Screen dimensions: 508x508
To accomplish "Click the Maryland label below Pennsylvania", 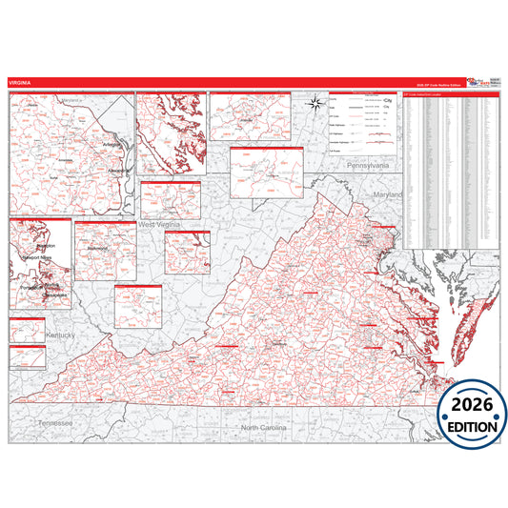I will pos(389,194).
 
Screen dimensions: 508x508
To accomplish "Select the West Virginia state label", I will pos(161,224).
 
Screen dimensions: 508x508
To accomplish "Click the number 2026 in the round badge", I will pos(472,404).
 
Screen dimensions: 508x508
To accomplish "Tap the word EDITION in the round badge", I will pos(472,425).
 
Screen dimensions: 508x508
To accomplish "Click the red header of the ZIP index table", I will pos(451,94).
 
